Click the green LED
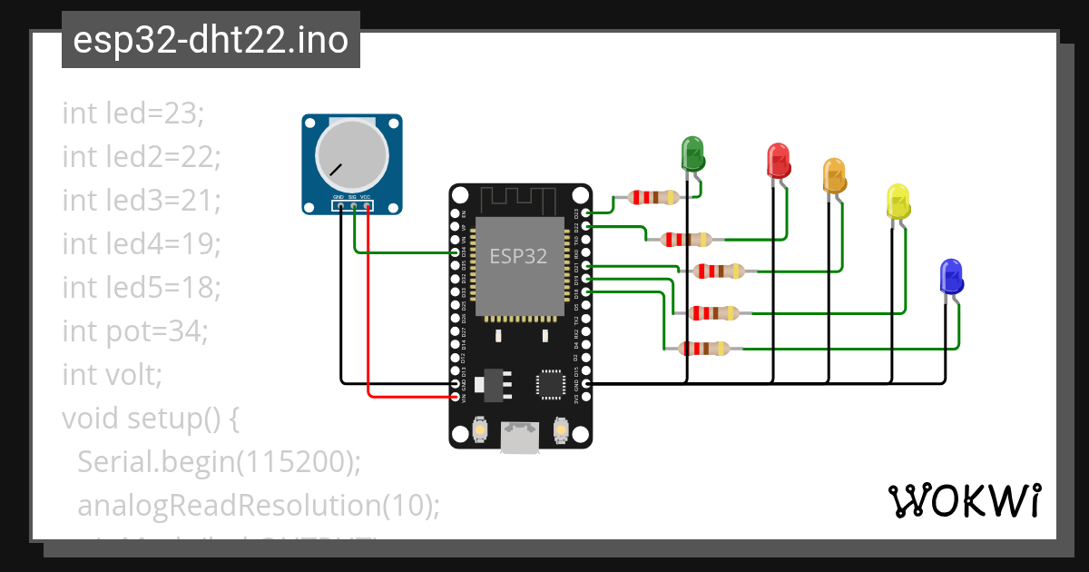point(692,153)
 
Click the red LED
point(779,161)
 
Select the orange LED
point(834,175)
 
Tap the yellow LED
point(898,201)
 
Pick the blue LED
point(951,276)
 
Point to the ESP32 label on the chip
point(518,256)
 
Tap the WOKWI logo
point(964,500)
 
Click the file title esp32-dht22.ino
point(211,40)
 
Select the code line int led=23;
point(134,113)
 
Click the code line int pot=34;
point(135,331)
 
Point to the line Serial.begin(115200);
point(220,462)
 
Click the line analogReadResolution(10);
point(259,506)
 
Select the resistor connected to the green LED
point(645,197)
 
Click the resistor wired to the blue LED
point(703,348)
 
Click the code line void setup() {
point(151,419)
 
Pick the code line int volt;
point(112,375)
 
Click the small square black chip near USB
point(550,383)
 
